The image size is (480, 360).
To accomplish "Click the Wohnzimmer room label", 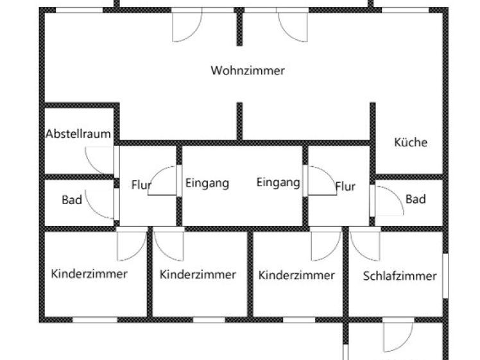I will (x=247, y=71).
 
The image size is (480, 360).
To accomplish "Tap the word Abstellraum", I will (x=78, y=135).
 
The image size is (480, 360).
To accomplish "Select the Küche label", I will (x=410, y=142).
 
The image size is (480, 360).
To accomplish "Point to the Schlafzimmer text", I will (x=400, y=276).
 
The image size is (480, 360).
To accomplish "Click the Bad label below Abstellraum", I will (x=72, y=200).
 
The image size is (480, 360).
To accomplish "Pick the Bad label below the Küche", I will (x=415, y=200).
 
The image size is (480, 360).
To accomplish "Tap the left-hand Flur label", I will (x=141, y=185).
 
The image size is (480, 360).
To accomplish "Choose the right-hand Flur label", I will (x=345, y=187).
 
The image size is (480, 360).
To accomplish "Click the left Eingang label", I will (x=207, y=183).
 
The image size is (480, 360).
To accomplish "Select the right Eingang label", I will (x=278, y=183).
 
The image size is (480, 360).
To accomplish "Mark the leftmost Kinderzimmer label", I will (x=89, y=274).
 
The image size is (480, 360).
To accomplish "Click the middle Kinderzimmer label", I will (x=198, y=275).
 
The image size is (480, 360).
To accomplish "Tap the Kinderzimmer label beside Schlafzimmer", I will (x=296, y=275).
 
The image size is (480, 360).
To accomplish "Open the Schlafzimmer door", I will (x=364, y=243).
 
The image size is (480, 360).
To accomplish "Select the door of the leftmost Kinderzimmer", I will (x=132, y=243).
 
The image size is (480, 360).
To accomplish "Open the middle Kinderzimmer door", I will (x=169, y=243).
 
